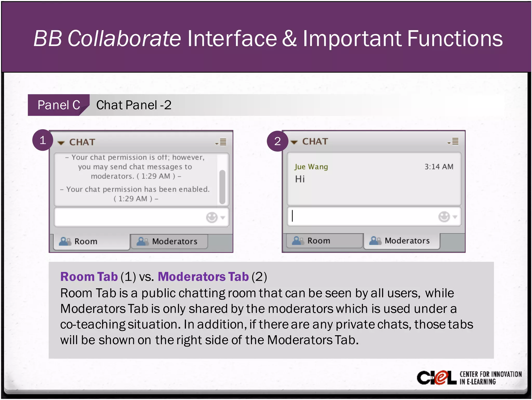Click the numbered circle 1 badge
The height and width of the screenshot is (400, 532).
(x=43, y=140)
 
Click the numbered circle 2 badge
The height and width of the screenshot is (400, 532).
(x=277, y=141)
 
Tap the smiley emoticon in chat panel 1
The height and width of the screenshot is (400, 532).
(x=212, y=217)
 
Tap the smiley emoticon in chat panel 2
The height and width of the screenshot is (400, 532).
(x=444, y=217)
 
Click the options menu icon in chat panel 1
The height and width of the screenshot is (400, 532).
(x=221, y=142)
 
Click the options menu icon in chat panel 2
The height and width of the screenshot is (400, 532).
(x=454, y=141)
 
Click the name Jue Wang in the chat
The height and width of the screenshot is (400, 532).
(x=311, y=167)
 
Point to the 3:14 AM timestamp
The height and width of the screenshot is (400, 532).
(x=439, y=167)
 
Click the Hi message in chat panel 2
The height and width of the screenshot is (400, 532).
(x=300, y=179)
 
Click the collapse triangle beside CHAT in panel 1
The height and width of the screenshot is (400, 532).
(x=61, y=143)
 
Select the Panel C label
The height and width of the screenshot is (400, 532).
(x=59, y=105)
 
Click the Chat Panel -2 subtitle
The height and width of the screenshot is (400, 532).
(x=134, y=105)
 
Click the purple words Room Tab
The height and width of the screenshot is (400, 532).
(x=89, y=277)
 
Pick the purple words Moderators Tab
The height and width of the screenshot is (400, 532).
(x=203, y=277)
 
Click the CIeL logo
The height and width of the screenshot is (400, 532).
(x=437, y=378)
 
